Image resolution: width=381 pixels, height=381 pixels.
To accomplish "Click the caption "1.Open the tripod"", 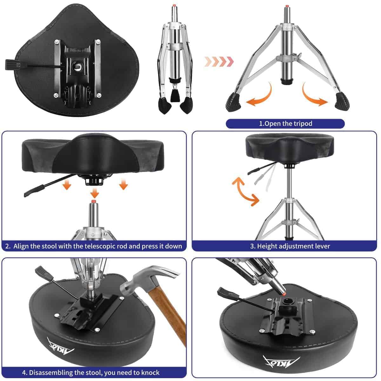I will (285, 124).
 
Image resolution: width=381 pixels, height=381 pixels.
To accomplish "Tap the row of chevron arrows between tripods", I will (219, 61).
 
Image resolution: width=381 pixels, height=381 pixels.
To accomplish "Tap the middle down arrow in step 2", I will (94, 192).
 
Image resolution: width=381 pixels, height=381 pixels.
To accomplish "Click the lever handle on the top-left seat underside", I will (13, 64).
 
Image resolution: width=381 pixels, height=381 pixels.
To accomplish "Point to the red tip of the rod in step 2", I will (94, 202).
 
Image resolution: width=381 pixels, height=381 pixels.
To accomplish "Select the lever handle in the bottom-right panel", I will (226, 291).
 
